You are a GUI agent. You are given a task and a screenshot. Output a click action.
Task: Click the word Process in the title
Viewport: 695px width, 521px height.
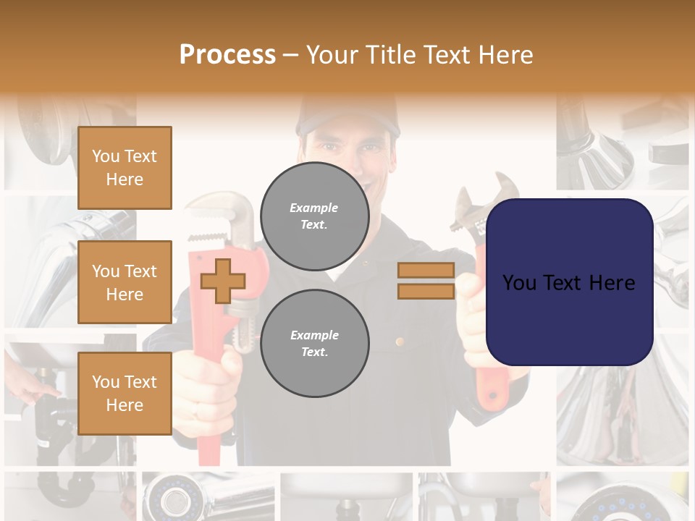[227, 55]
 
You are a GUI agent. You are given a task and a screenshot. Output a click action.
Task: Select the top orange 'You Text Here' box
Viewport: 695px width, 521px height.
[125, 168]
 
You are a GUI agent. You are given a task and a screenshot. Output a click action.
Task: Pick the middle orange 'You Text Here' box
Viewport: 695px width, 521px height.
[125, 282]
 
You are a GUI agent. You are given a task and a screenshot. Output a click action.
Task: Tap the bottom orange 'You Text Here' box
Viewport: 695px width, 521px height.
[125, 393]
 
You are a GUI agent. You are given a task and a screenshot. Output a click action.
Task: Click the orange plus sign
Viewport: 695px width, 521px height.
[223, 281]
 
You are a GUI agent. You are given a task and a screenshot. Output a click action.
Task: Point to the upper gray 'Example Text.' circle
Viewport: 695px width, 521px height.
[314, 216]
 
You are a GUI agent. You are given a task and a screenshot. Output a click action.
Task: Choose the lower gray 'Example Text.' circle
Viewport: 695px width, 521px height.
[314, 343]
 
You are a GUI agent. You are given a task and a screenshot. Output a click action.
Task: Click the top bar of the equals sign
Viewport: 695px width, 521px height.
[426, 271]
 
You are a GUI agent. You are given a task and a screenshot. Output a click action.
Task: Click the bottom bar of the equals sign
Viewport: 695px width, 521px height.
[426, 291]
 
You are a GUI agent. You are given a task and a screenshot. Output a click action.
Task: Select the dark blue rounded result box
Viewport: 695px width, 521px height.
[569, 282]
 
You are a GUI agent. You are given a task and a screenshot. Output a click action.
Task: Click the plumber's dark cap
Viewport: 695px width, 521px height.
[347, 116]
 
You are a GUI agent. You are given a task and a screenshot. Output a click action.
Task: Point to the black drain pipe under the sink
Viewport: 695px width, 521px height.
[47, 420]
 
